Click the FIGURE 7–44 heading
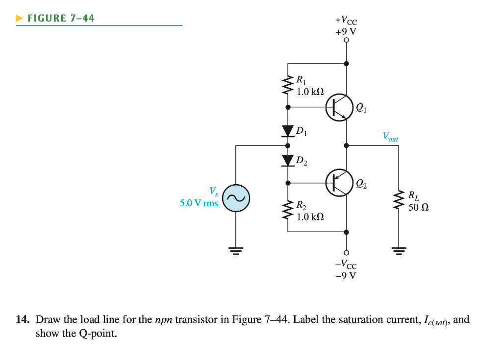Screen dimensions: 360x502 pos(61,19)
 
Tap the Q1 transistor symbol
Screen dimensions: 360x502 pos(340,106)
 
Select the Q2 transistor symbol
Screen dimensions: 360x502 pos(340,183)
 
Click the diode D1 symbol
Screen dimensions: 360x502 pos(288,131)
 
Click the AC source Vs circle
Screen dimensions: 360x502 pos(236,198)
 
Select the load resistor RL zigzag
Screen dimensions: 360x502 pos(398,201)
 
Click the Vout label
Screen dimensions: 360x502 pos(390,137)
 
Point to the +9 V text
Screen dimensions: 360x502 pos(346,32)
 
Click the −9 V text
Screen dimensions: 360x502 pos(346,275)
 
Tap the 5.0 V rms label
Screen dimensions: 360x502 pos(199,203)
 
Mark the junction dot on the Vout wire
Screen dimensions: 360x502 pos(347,145)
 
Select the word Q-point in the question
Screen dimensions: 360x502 pos(96,334)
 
